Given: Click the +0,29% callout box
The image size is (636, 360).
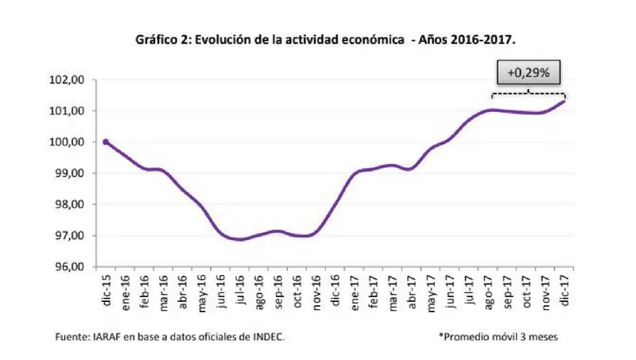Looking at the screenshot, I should (x=529, y=72).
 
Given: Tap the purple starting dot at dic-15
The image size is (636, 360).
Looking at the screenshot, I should (x=107, y=142).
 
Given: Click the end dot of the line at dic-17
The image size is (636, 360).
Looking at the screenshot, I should (x=564, y=101).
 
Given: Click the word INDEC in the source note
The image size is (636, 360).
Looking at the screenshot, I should (x=267, y=337).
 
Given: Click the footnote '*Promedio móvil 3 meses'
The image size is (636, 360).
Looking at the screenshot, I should (x=498, y=337).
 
